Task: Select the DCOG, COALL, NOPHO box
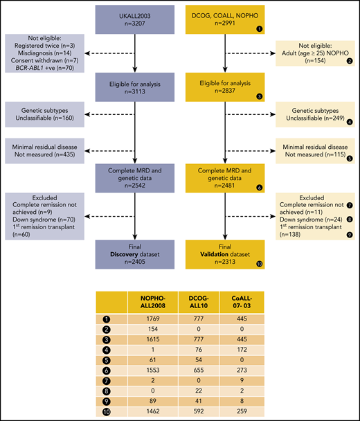(222, 24)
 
